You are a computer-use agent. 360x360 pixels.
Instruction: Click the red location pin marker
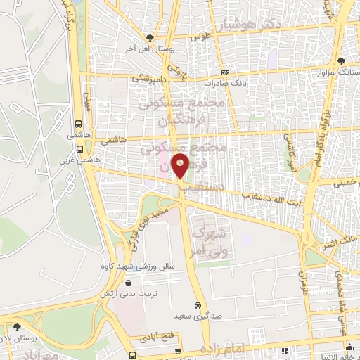181,167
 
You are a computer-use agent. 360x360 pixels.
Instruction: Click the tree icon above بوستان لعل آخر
148,38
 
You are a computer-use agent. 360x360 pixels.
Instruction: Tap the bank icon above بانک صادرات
225,73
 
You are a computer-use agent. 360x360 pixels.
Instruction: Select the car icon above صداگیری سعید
198,305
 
